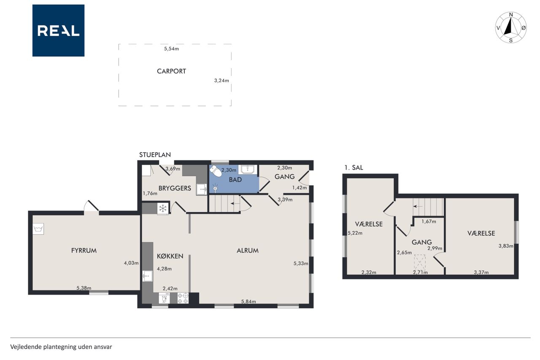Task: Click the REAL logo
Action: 58,30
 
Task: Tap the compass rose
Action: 511,27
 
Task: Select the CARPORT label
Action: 171,71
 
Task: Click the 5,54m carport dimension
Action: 171,49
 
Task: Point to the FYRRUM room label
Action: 84,251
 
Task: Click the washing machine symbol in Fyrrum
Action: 38,229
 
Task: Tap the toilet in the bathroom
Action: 216,171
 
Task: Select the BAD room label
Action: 235,180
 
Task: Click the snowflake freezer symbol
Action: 163,208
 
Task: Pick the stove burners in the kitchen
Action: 183,298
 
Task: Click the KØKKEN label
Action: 170,256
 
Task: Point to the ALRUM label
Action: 248,251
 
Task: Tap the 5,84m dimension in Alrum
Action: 248,301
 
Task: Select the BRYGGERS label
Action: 175,188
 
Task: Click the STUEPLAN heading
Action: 155,155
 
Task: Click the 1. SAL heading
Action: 354,168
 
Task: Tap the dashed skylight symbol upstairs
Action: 420,262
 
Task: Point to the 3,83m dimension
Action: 506,246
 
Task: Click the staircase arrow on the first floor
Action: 418,206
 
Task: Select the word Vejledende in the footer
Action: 26,347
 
